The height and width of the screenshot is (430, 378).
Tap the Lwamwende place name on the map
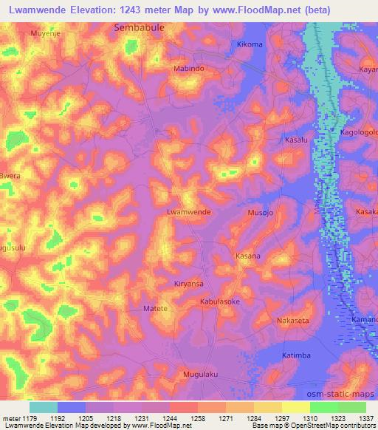pyautogui.click(x=190, y=211)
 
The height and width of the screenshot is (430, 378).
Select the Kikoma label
pyautogui.click(x=249, y=44)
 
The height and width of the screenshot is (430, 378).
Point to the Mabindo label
pyautogui.click(x=188, y=68)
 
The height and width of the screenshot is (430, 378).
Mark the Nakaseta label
pyautogui.click(x=292, y=321)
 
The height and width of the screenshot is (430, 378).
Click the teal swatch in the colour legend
pyautogui.click(x=44, y=407)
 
